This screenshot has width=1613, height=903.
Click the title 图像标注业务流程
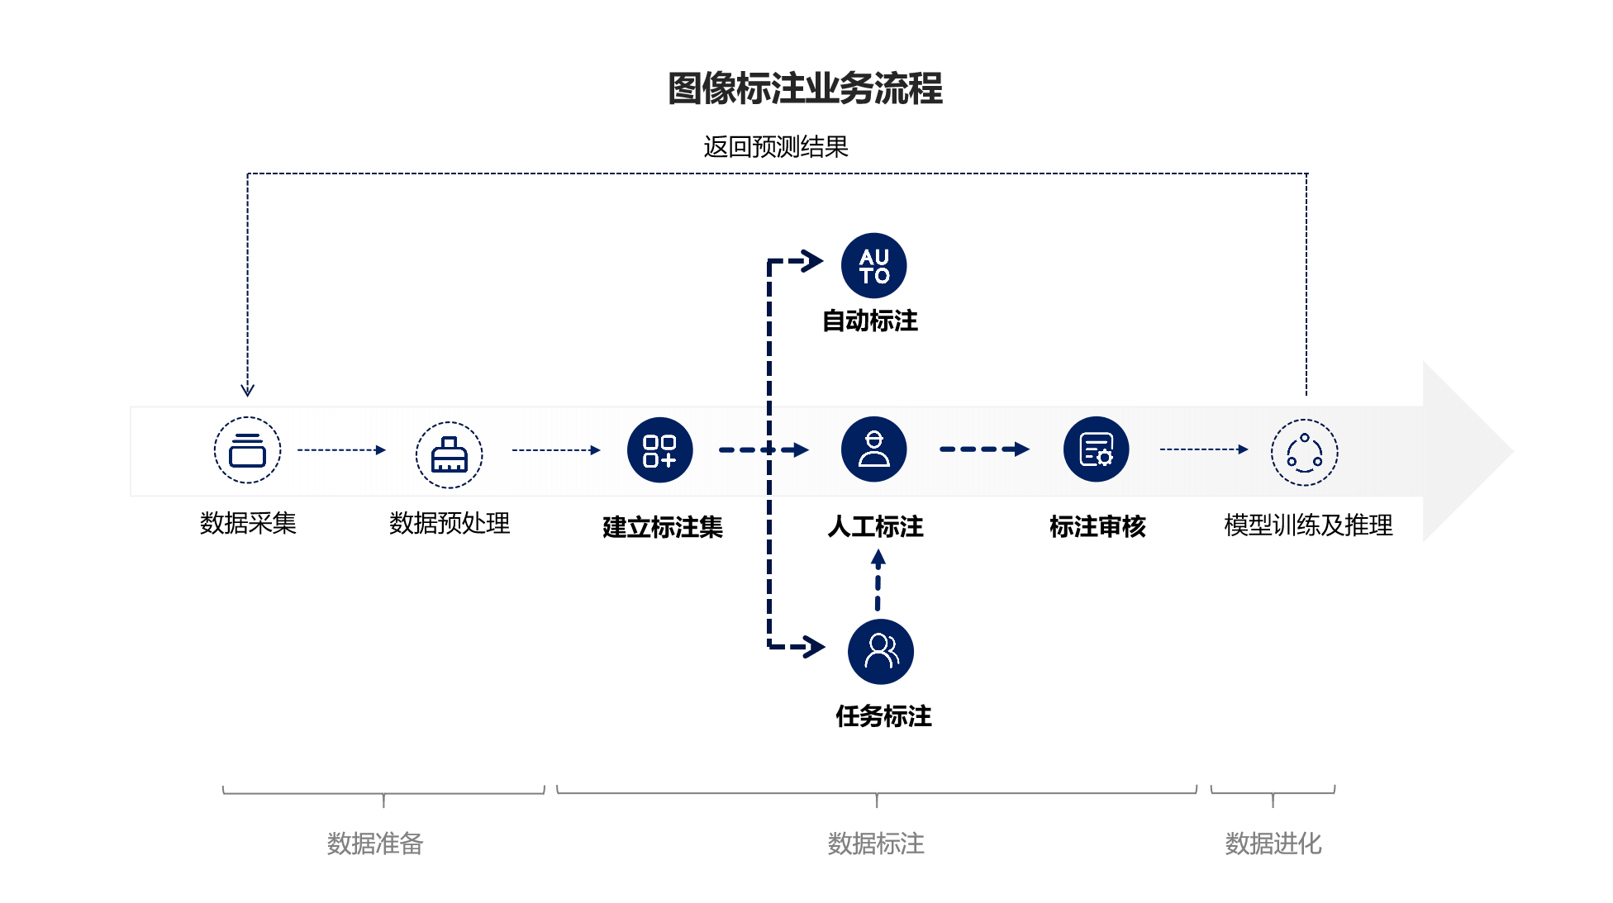(805, 88)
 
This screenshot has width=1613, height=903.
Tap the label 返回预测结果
(775, 147)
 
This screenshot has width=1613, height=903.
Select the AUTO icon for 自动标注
(873, 265)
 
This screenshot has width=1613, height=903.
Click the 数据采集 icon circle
(247, 450)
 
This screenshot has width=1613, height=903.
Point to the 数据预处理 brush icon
(449, 454)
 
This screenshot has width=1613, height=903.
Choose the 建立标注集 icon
(659, 450)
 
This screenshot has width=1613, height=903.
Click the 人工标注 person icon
(873, 449)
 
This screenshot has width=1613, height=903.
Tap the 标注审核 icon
(1096, 449)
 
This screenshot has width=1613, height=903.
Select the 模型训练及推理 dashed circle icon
(1304, 452)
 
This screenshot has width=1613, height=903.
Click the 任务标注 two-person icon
(880, 651)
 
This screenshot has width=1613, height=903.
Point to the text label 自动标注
(869, 321)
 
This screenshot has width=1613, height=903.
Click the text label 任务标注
(883, 715)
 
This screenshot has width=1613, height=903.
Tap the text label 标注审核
(1097, 526)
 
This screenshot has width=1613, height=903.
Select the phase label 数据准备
(375, 844)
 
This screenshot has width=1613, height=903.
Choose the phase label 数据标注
(876, 844)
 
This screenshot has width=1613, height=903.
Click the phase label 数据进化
(1273, 844)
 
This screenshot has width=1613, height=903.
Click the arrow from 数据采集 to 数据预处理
(341, 450)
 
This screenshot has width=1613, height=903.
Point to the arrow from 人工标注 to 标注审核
(984, 449)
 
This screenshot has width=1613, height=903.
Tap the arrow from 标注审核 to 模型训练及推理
(1203, 449)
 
